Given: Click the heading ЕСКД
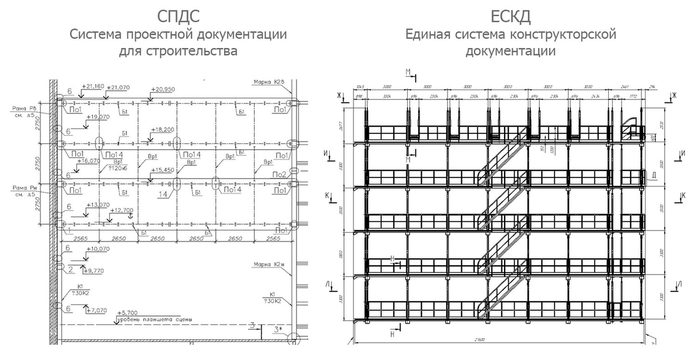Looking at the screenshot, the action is pos(511,14).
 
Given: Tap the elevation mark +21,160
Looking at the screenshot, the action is pos(93,86).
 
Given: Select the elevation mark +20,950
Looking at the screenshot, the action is pos(162,90).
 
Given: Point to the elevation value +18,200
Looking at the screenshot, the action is pos(162,130).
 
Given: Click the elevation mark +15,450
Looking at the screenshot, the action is pos(162,170).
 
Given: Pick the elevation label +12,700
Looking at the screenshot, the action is pos(121,210).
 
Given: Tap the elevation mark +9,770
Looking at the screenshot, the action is pos(96,270).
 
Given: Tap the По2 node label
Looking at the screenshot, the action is pos(280,174).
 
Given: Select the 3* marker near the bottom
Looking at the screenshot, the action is pos(278,330).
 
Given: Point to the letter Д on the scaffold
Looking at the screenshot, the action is pos(654,176).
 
